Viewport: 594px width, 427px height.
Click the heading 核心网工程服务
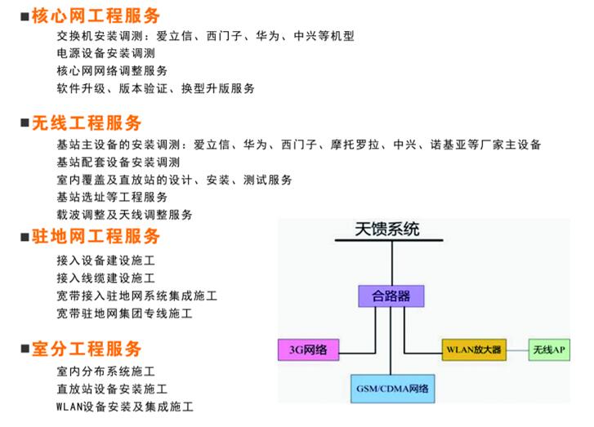tap(96, 16)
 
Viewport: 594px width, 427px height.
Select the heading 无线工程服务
tap(87, 123)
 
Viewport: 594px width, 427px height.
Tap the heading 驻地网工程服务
tap(96, 236)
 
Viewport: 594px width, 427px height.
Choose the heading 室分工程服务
tap(87, 349)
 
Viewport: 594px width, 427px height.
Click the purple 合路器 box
tap(391, 296)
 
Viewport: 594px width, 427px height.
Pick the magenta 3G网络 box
tap(308, 349)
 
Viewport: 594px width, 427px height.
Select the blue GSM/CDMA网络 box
tap(392, 389)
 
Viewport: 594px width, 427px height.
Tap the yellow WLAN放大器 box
tap(474, 349)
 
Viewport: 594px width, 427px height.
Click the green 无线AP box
tap(549, 349)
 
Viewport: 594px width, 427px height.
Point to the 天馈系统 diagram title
tap(387, 229)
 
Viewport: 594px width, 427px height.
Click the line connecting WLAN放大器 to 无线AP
tap(517, 350)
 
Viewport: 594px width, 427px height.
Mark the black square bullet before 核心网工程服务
tap(25, 16)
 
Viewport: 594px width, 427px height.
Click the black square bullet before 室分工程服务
tap(25, 349)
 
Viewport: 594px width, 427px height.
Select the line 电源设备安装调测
tap(106, 53)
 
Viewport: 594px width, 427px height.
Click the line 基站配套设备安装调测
tap(118, 162)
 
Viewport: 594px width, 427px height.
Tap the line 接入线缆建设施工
tap(106, 278)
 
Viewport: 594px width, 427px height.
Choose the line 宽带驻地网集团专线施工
tap(125, 314)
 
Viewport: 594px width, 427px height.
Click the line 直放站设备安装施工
tap(112, 389)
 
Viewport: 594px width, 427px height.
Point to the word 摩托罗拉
tap(355, 145)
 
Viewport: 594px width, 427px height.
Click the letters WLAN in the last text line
tap(69, 407)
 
